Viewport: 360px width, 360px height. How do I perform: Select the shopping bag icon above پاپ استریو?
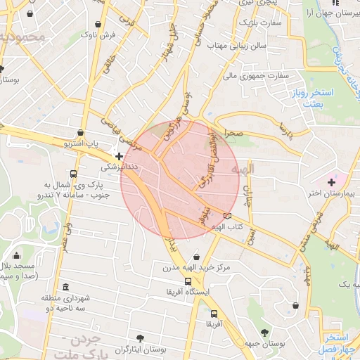(x=82, y=131)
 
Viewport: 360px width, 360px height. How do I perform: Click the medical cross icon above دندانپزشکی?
(x=119, y=156)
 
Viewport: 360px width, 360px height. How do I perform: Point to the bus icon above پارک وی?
(x=73, y=174)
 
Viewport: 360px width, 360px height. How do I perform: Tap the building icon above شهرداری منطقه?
(x=65, y=287)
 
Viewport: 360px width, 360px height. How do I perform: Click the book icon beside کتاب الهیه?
(x=226, y=216)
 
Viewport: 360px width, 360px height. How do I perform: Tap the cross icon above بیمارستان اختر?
(x=331, y=182)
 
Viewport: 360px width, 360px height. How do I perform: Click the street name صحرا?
(x=233, y=133)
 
